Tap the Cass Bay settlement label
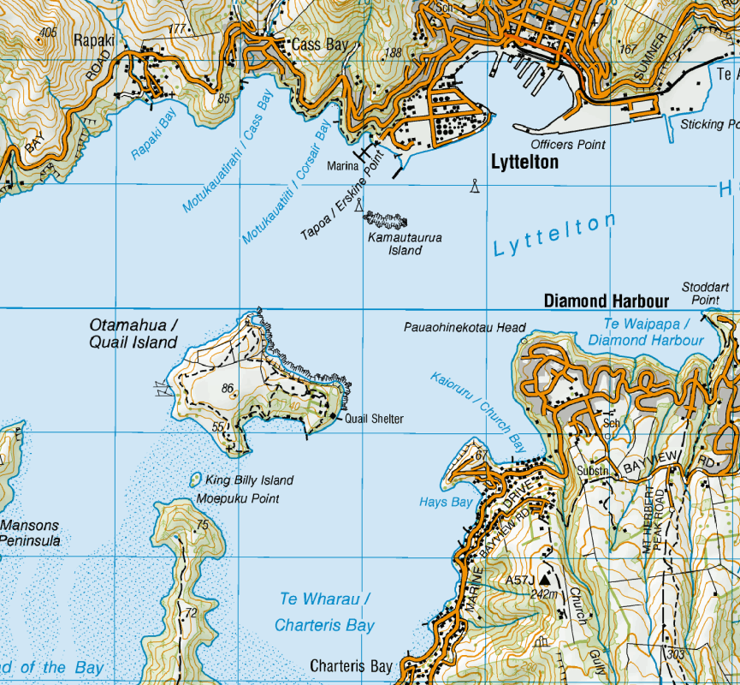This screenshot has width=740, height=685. (x=321, y=45)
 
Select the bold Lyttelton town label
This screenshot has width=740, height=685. (x=524, y=162)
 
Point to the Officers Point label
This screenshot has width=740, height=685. (x=568, y=145)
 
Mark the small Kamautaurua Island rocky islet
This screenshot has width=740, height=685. (x=386, y=220)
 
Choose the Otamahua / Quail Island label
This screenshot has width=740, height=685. (x=133, y=334)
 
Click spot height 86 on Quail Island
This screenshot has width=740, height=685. (x=228, y=389)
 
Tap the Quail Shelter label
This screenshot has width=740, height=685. (x=374, y=420)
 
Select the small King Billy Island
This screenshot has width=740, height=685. (x=194, y=479)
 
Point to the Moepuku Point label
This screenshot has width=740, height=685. (x=238, y=498)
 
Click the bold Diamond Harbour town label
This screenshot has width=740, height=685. (x=607, y=301)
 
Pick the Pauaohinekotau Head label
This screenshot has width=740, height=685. (x=465, y=327)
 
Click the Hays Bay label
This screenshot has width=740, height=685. (x=446, y=503)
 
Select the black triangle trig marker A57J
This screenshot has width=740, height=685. (x=543, y=581)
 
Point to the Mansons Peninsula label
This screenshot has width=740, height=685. (x=31, y=533)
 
